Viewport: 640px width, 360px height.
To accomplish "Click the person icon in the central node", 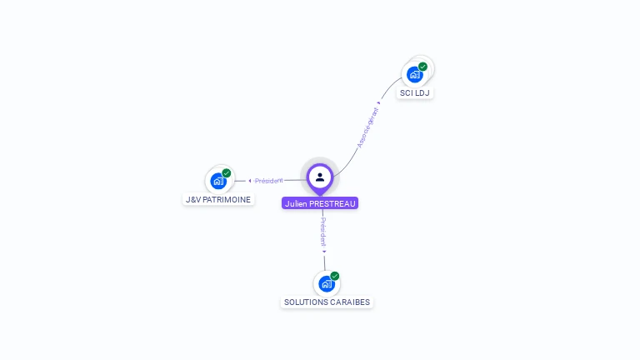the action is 320,177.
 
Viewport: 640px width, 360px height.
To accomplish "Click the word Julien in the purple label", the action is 296,203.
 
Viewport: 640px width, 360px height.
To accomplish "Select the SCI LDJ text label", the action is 414,93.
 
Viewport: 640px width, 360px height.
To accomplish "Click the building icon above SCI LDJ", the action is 414,74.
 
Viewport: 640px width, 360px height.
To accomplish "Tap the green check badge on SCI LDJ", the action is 423,66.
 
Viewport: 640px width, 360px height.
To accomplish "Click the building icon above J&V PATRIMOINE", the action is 218,180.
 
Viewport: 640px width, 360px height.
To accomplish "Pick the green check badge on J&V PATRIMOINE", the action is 227,172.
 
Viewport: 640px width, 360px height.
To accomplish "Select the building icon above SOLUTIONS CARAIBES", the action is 326,283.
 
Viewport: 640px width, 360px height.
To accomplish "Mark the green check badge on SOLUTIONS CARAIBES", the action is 335,276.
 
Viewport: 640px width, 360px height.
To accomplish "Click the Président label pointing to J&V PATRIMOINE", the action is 268,181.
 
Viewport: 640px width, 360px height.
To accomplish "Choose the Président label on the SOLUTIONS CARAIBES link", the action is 323,231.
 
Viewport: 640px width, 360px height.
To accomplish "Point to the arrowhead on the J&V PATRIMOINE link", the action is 250,181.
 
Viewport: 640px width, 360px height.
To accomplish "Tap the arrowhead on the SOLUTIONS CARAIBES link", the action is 324,251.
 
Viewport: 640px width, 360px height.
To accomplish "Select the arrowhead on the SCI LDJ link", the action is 379,102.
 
